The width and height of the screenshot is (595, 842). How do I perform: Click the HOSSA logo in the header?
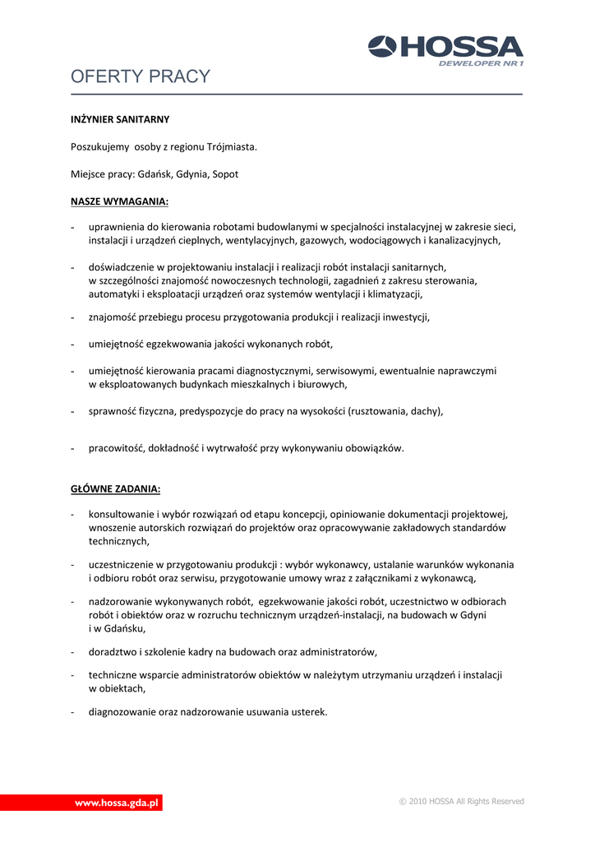tap(445, 47)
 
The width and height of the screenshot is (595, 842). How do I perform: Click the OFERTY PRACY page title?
tap(141, 77)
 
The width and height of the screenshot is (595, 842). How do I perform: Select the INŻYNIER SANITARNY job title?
tap(120, 119)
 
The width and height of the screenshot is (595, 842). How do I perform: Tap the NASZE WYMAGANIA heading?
tap(119, 201)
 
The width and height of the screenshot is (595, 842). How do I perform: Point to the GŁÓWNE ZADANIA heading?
tap(115, 488)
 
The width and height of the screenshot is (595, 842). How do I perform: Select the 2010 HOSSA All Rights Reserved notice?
tap(461, 802)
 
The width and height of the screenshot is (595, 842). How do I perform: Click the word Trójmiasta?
tap(233, 146)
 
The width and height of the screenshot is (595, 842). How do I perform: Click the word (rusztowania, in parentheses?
tap(380, 411)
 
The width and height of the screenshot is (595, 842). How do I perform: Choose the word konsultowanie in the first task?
tap(122, 514)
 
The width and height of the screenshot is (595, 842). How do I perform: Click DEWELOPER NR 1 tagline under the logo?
tap(481, 62)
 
